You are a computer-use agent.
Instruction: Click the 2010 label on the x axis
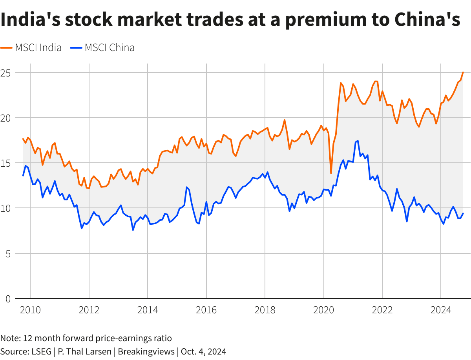tap(30, 310)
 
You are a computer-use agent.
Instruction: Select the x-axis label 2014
tap(148, 310)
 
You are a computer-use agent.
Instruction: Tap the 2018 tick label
tap(265, 310)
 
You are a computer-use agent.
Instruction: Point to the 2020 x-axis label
tap(324, 310)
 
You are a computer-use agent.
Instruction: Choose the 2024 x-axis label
tap(441, 310)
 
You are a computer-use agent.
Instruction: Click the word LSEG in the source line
tap(42, 351)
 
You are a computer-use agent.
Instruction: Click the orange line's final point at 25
tap(463, 73)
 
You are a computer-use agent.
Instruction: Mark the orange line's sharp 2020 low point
tap(331, 173)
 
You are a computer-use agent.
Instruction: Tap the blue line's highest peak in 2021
tap(358, 141)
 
